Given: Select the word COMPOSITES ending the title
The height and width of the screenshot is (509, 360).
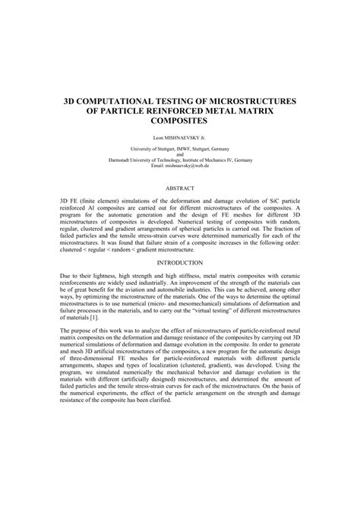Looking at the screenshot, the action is tap(179, 121).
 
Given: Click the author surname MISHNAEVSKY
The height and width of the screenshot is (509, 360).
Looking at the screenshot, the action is tap(181, 139).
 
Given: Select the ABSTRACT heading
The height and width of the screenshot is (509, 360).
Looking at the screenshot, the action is tap(179, 187).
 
